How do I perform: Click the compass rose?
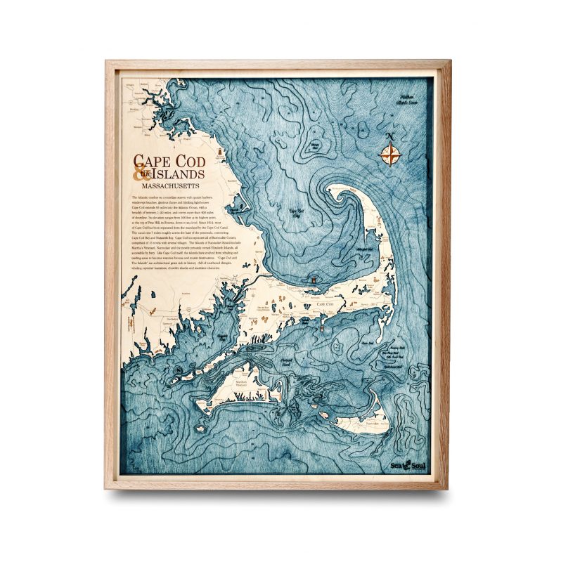390,153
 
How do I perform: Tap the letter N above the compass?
390,136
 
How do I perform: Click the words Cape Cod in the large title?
168,162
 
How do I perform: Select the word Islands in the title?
177,174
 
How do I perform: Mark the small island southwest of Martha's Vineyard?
209,405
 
